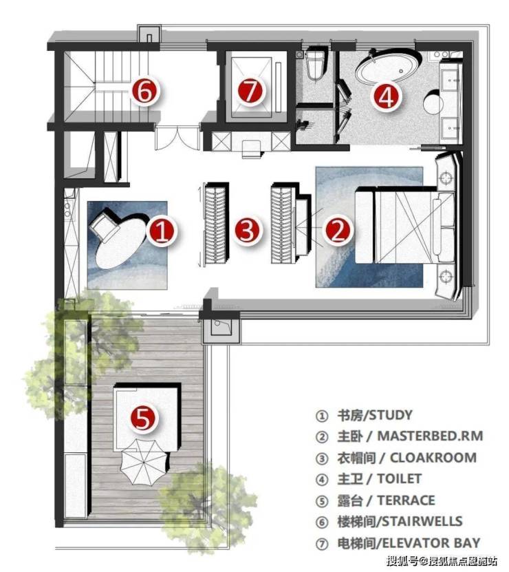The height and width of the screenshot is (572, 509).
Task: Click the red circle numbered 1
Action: [x=162, y=231]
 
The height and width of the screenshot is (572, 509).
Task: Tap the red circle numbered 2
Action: [x=338, y=229]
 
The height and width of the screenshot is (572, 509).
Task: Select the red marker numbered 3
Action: [x=248, y=230]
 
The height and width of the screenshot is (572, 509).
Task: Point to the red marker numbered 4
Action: [x=387, y=96]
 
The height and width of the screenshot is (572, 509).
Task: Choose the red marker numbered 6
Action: [x=144, y=91]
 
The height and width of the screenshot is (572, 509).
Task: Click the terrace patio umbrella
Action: [x=143, y=462]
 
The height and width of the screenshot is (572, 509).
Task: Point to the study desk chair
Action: [x=105, y=224]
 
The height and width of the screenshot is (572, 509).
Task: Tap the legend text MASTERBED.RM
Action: [x=430, y=436]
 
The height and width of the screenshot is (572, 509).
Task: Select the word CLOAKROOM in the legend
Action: [x=433, y=458]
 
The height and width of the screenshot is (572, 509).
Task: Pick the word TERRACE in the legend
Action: [x=406, y=500]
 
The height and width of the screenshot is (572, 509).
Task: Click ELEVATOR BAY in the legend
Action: [x=431, y=543]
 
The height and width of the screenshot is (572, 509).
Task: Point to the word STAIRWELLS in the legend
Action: [x=422, y=521]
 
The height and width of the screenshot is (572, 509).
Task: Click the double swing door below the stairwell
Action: [x=177, y=138]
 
